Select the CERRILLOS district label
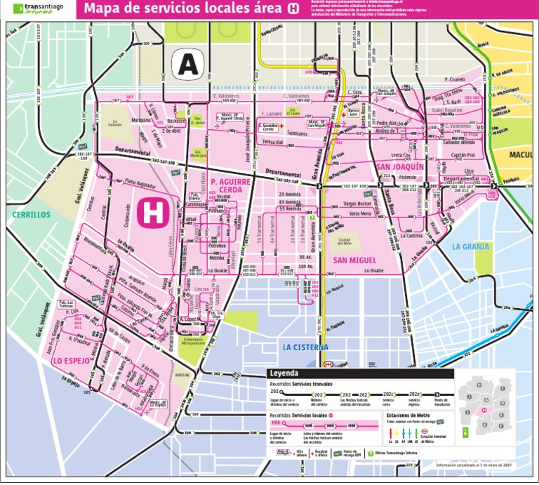tap(32, 214)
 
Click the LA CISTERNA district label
tap(306, 347)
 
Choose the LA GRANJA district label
tap(468, 246)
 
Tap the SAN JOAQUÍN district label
tap(399, 167)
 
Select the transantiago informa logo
tap(39, 8)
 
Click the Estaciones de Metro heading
tap(408, 414)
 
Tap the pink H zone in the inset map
tap(484, 410)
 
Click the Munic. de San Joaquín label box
tap(387, 92)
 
